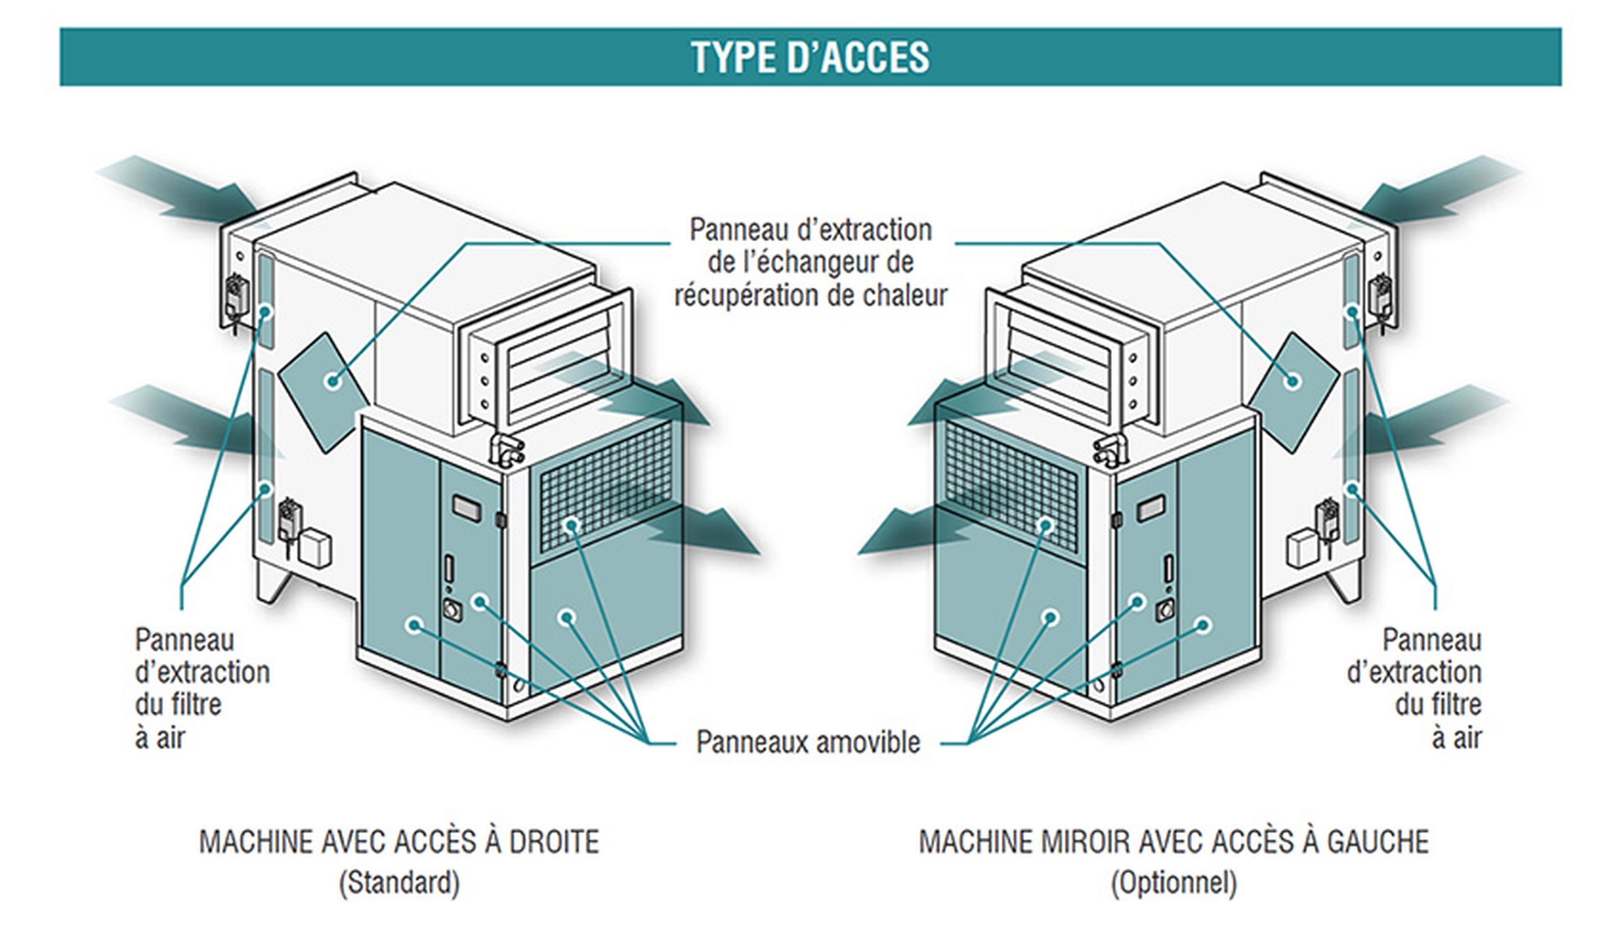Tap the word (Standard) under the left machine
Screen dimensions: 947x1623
(x=399, y=882)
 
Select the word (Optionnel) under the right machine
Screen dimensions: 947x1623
(x=1173, y=882)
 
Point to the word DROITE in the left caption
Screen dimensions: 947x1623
(x=554, y=842)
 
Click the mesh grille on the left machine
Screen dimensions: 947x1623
(x=605, y=490)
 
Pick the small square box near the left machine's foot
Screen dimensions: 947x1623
(x=316, y=548)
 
